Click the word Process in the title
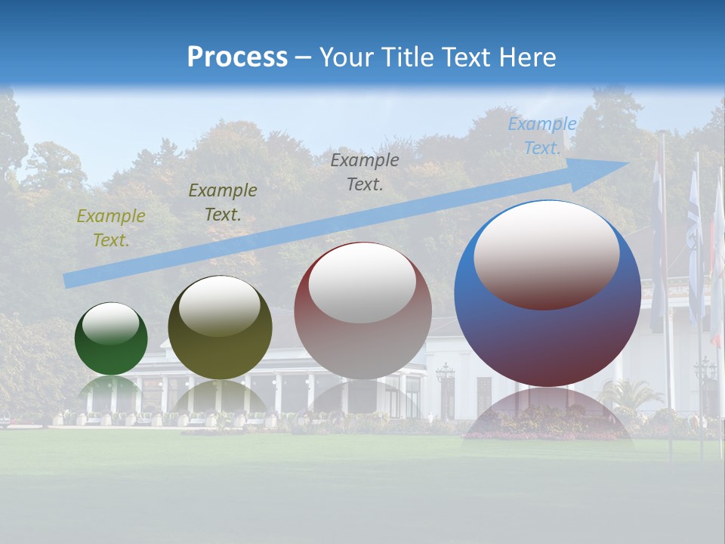pyautogui.click(x=237, y=57)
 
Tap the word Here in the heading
pyautogui.click(x=526, y=57)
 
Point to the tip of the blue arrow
pyautogui.click(x=627, y=163)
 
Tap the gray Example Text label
pyautogui.click(x=365, y=172)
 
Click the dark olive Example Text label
pyautogui.click(x=222, y=202)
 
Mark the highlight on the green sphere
pyautogui.click(x=111, y=323)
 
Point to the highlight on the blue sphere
pyautogui.click(x=547, y=254)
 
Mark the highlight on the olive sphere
pyautogui.click(x=220, y=305)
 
